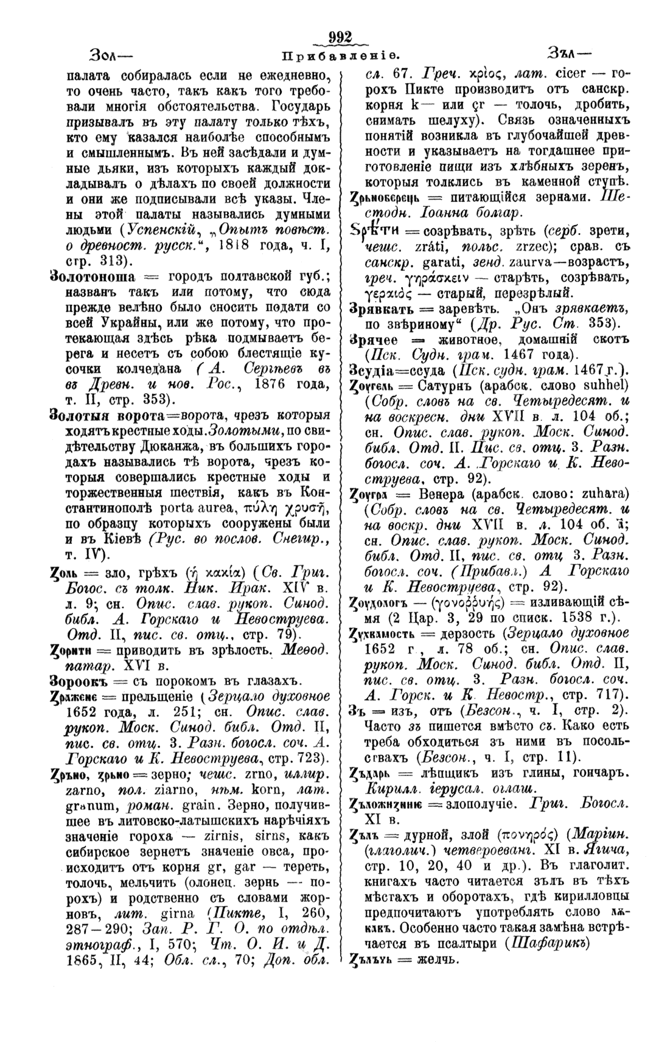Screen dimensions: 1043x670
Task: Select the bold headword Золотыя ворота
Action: [x=100, y=416]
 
